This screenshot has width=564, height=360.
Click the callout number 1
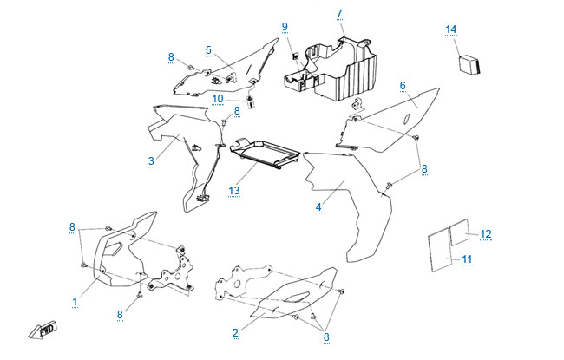tap(75, 301)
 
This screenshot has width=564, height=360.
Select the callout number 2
tap(235, 332)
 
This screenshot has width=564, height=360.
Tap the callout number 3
tap(151, 160)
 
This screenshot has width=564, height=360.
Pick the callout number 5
tap(208, 49)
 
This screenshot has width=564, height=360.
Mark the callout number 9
tap(284, 27)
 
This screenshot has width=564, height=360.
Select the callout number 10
tap(219, 98)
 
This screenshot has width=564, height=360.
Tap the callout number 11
tap(466, 259)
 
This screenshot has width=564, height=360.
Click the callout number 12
tap(486, 233)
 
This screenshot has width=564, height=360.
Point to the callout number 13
tap(233, 190)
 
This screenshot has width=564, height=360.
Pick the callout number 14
tap(450, 29)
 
